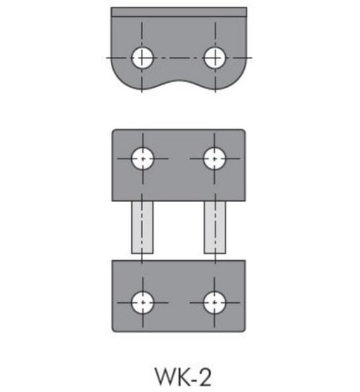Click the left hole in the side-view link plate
[143, 57]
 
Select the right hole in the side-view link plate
[215, 57]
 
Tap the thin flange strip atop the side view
[179, 12]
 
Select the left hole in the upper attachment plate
[143, 158]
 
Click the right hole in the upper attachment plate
[215, 158]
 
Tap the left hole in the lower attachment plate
[143, 302]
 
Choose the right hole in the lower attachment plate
[215, 302]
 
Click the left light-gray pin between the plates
[142, 228]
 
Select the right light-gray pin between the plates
[215, 228]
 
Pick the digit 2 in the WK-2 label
[204, 378]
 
